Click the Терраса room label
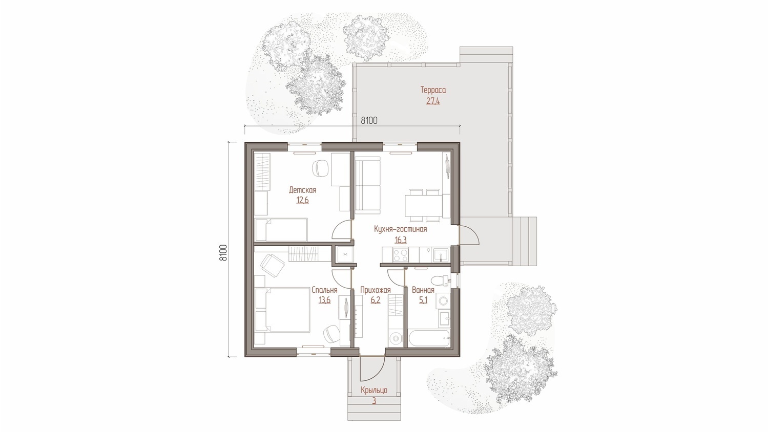pyautogui.click(x=433, y=90)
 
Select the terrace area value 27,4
pyautogui.click(x=433, y=101)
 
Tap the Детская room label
pyautogui.click(x=302, y=190)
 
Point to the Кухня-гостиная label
pyautogui.click(x=401, y=229)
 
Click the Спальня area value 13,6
pyautogui.click(x=324, y=300)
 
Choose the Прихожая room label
pyautogui.click(x=376, y=290)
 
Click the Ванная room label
pyautogui.click(x=423, y=290)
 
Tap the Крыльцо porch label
pyautogui.click(x=374, y=390)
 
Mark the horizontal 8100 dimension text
pyautogui.click(x=369, y=121)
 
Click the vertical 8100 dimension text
pyautogui.click(x=223, y=253)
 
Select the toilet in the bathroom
pyautogui.click(x=440, y=280)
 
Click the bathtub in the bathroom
pyautogui.click(x=429, y=338)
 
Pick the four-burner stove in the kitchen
pyautogui.click(x=401, y=254)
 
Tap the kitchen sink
pyautogui.click(x=441, y=255)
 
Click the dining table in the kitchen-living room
pyautogui.click(x=424, y=206)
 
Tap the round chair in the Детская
pyautogui.click(x=321, y=168)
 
